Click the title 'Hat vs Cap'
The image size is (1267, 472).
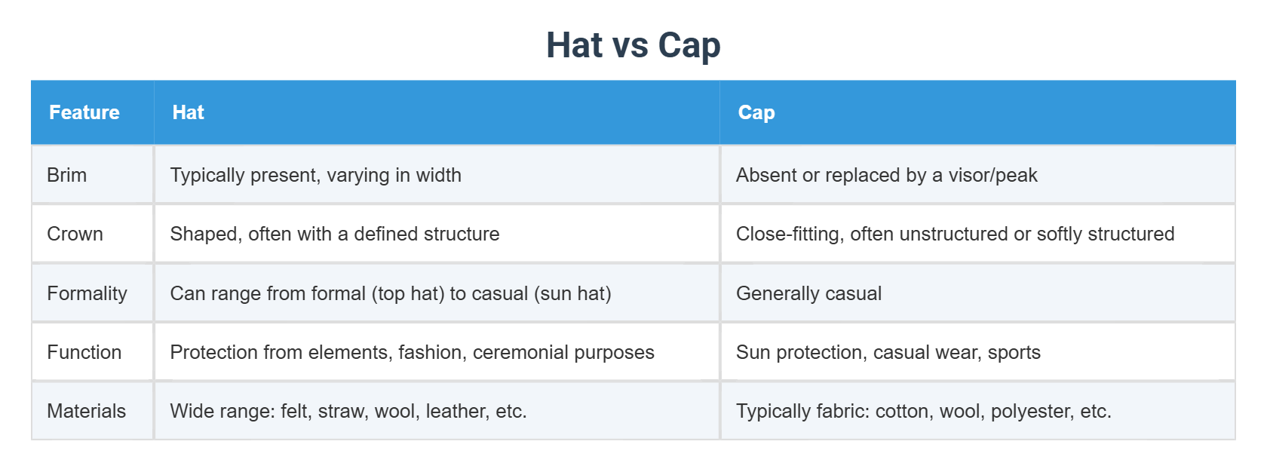pyautogui.click(x=633, y=45)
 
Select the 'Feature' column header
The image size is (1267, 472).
pyautogui.click(x=84, y=112)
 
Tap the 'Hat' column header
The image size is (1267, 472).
pyautogui.click(x=188, y=112)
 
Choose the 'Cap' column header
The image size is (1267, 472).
pyautogui.click(x=756, y=112)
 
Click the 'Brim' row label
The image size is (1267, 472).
pyautogui.click(x=67, y=175)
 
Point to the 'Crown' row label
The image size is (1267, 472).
pyautogui.click(x=75, y=234)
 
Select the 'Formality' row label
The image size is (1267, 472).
pyautogui.click(x=87, y=293)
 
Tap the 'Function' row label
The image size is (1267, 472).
pyautogui.click(x=84, y=352)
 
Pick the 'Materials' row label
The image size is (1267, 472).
pyautogui.click(x=86, y=411)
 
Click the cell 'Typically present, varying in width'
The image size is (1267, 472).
pyautogui.click(x=315, y=175)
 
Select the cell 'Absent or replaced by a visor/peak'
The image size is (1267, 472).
pyautogui.click(x=886, y=175)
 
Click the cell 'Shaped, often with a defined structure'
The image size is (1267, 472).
pyautogui.click(x=334, y=234)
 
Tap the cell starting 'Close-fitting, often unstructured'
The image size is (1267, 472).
pyautogui.click(x=955, y=234)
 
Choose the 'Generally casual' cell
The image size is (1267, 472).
pyautogui.click(x=808, y=293)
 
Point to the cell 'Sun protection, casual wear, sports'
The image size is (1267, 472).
pyautogui.click(x=888, y=352)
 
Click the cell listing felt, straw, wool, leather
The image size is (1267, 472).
pyautogui.click(x=348, y=411)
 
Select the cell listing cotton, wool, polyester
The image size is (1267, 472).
pyautogui.click(x=923, y=411)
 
